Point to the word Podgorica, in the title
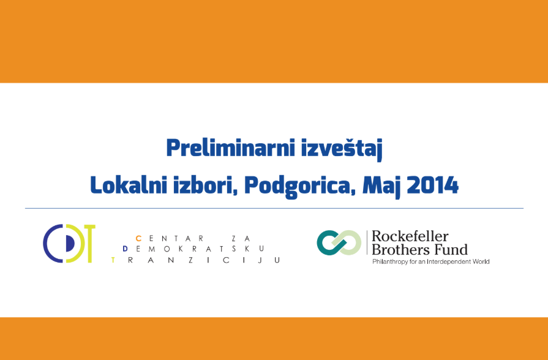point(299,187)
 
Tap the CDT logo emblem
point(69,243)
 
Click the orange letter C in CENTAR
point(138,238)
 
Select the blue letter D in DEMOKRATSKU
point(126,249)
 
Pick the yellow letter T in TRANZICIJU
point(113,260)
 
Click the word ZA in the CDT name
point(241,238)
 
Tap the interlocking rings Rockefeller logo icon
point(339,242)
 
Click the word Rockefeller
point(410,236)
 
